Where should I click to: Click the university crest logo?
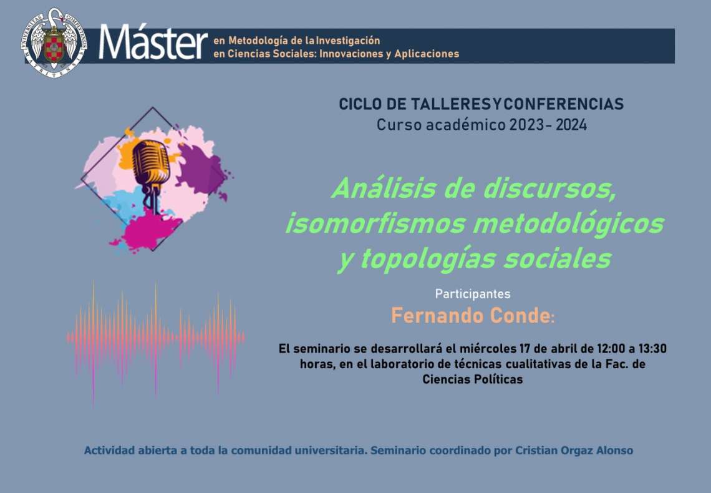pos(54,44)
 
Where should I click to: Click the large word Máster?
pos(153,43)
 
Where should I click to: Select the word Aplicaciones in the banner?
pos(427,54)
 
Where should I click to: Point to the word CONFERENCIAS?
pos(564,104)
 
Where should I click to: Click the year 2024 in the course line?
pos(571,125)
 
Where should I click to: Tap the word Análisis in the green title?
pos(384,188)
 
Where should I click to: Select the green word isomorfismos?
pos(375,223)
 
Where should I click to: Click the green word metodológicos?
pos(568,223)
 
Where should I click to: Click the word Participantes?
pos(473,294)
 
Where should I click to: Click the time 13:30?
pos(652,349)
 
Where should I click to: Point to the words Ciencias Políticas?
pos(473,379)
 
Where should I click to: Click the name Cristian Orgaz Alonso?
pos(574,451)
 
